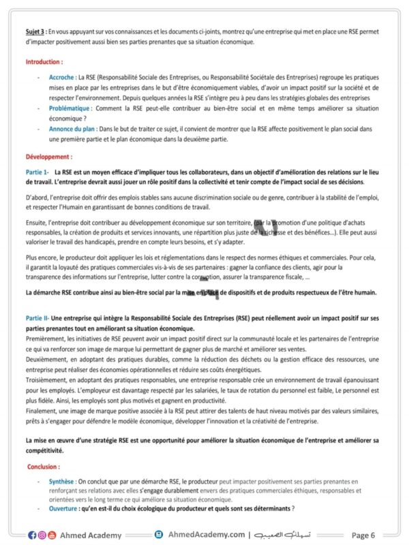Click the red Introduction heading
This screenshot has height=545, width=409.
click(x=44, y=61)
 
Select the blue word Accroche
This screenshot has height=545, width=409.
click(x=62, y=78)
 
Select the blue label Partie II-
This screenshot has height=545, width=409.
click(x=40, y=318)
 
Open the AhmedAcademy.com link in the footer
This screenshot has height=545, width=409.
click(x=205, y=535)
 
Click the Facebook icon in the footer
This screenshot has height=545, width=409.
click(x=32, y=535)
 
